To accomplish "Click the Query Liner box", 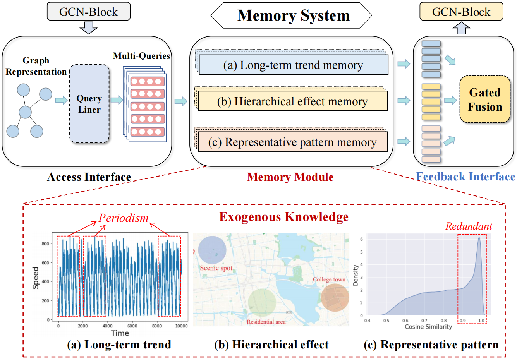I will pyautogui.click(x=89, y=104).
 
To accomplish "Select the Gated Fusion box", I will pyautogui.click(x=485, y=99).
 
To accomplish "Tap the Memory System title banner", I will pyautogui.click(x=291, y=15).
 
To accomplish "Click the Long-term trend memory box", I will pyautogui.click(x=293, y=65).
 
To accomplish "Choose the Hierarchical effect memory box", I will pyautogui.click(x=292, y=101).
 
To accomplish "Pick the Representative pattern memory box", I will pyautogui.click(x=292, y=142).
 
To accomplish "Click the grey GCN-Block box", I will pyautogui.click(x=88, y=12).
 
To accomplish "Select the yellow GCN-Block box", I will pyautogui.click(x=461, y=12).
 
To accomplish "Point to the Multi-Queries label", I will pyautogui.click(x=141, y=56).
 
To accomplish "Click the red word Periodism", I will pyautogui.click(x=124, y=218).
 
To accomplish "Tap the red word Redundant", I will pyautogui.click(x=469, y=226).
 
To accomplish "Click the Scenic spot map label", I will pyautogui.click(x=216, y=268).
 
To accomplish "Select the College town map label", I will pyautogui.click(x=329, y=279).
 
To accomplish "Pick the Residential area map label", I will pyautogui.click(x=266, y=322).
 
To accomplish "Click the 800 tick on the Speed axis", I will pyautogui.click(x=45, y=244).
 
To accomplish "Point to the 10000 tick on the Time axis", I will pyautogui.click(x=181, y=326).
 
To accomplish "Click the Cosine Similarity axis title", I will pyautogui.click(x=428, y=327).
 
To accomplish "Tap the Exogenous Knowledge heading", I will pyautogui.click(x=284, y=217).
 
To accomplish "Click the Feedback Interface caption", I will pyautogui.click(x=465, y=177).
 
